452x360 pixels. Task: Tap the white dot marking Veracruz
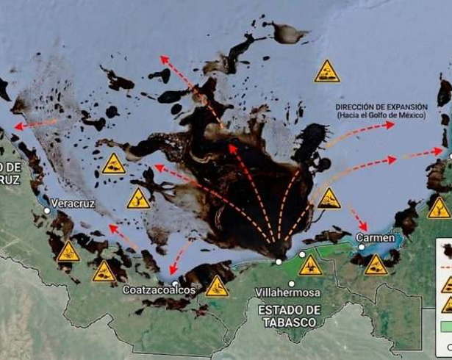click(47, 211)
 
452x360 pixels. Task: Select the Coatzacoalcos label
click(159, 290)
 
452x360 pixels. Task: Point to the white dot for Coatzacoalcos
click(176, 283)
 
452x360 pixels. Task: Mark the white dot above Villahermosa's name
click(292, 284)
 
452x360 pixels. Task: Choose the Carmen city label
click(375, 238)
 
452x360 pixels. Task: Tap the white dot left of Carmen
click(362, 247)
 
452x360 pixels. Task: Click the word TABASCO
click(288, 323)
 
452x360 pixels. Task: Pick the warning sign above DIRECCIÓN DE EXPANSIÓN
click(327, 72)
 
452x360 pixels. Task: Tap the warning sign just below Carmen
click(376, 265)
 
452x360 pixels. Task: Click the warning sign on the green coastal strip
click(311, 265)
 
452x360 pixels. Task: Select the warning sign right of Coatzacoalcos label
click(217, 286)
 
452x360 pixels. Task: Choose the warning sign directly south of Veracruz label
click(68, 252)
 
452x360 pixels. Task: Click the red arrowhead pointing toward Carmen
click(364, 228)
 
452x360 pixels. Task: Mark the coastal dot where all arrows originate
click(279, 262)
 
